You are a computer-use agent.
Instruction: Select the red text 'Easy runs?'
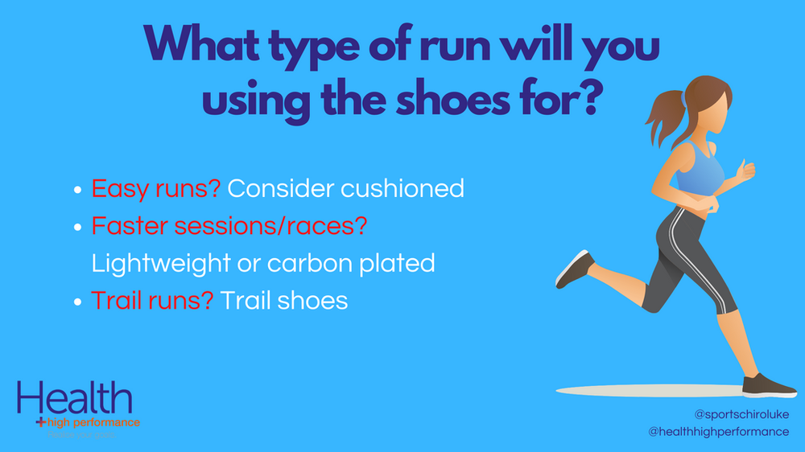155,189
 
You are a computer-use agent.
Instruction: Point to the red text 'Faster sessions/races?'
229,226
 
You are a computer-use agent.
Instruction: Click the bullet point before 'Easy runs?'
77,191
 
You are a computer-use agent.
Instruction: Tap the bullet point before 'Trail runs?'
77,302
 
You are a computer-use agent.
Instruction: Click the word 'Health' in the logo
74,400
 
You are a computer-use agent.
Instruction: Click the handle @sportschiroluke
741,415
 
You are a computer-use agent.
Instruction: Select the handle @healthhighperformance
719,432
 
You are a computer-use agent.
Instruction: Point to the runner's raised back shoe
573,269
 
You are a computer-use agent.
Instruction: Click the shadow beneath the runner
644,391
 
